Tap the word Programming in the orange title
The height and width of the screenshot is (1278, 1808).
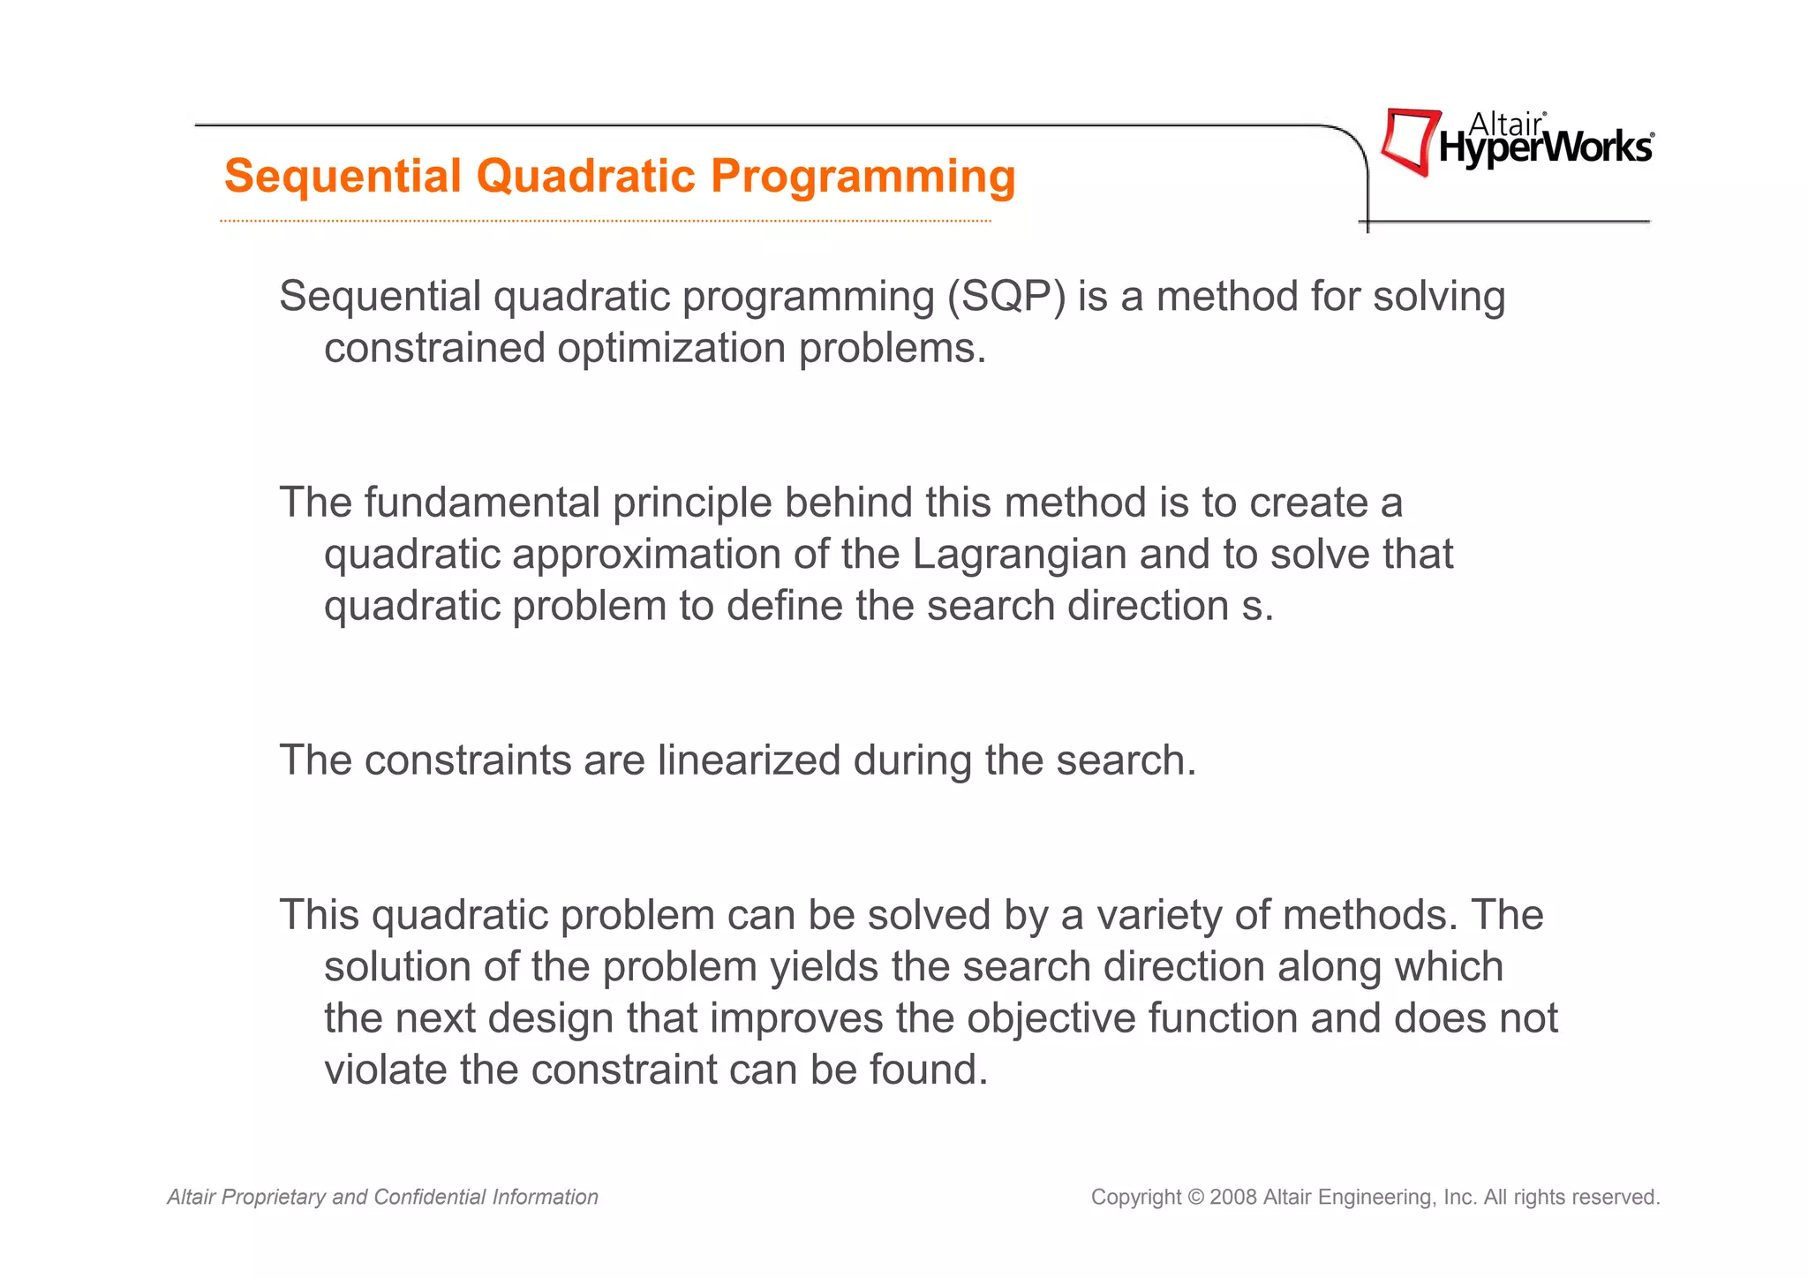pos(863,177)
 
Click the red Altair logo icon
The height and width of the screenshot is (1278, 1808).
pos(1409,141)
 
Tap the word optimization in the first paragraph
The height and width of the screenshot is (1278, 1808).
pos(672,348)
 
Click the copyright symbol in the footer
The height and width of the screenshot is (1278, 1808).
pos(1195,1198)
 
